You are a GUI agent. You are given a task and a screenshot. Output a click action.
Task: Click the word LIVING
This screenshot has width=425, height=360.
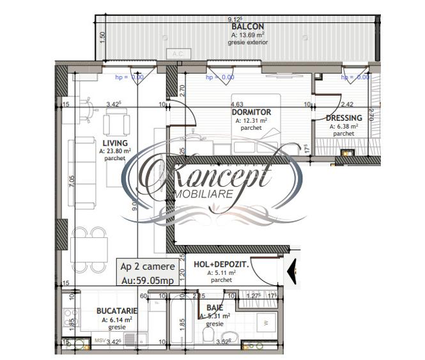(115, 143)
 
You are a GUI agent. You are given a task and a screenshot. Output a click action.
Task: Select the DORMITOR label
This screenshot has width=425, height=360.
(251, 112)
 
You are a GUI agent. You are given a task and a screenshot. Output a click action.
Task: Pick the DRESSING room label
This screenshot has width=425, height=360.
(344, 118)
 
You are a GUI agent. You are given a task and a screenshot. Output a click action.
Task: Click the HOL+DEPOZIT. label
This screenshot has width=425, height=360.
(221, 263)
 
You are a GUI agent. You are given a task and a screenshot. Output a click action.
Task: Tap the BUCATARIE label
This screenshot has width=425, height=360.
(116, 311)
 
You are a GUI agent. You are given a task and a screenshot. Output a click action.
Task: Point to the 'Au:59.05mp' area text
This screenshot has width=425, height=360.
(147, 279)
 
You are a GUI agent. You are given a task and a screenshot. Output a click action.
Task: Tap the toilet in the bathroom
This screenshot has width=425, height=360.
(209, 338)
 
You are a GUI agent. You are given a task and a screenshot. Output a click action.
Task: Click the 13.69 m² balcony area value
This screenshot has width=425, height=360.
(246, 35)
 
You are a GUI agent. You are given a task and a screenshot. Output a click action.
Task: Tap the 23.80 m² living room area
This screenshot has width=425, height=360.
(115, 151)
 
